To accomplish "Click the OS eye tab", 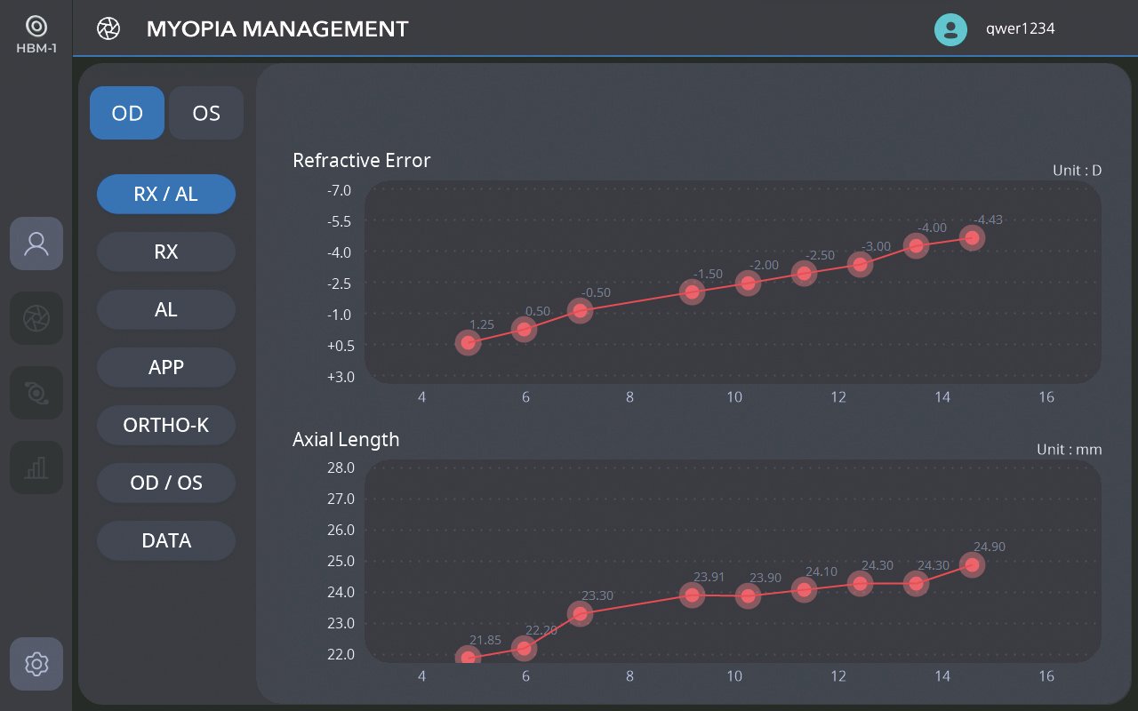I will point(206,113).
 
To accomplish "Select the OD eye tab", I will point(127,113).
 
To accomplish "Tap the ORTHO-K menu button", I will point(166,425).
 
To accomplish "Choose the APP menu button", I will point(166,367).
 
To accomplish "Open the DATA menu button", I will point(166,540).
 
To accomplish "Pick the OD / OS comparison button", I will point(166,483).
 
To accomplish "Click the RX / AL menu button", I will point(166,194).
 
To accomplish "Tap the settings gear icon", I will point(36,664).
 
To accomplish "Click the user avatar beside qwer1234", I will point(950,29).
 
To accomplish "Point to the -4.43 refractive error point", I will point(973,237).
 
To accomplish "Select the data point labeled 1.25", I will point(469,343).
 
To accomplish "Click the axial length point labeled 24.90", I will point(973,564).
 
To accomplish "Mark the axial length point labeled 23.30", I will point(580,613).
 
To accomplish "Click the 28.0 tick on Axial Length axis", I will point(341,467).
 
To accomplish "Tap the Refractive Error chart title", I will point(362,160).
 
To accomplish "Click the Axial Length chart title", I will point(346,439).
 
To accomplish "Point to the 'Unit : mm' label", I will point(1069,450).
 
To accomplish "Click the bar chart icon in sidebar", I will point(36,467).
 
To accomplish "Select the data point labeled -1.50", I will point(693,292).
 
